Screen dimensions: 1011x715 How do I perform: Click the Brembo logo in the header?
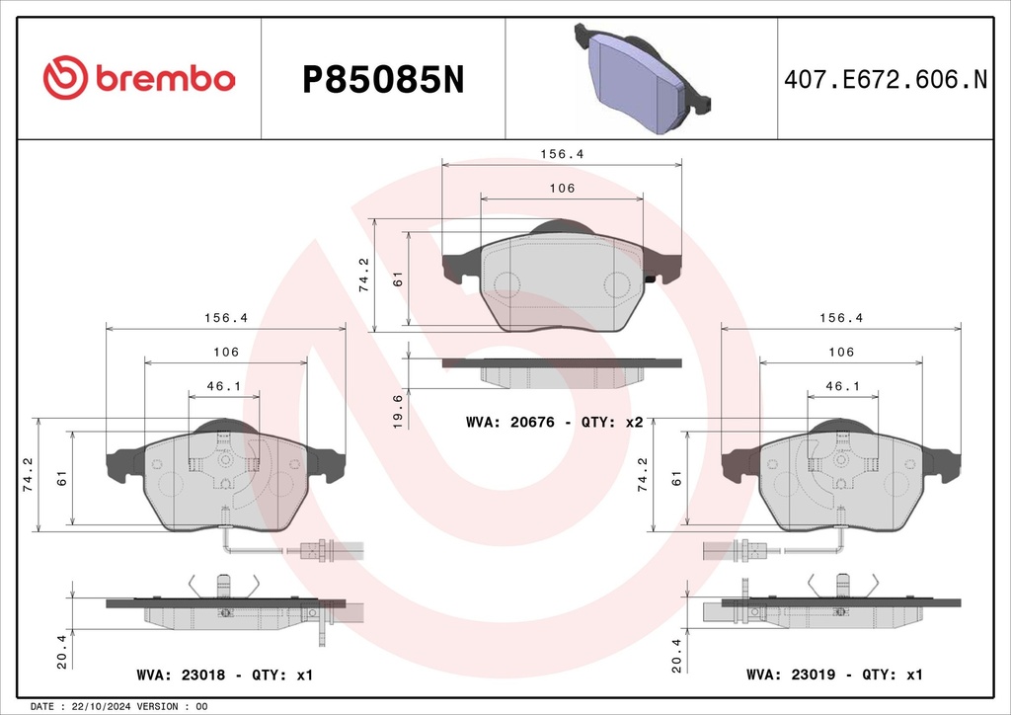(139, 78)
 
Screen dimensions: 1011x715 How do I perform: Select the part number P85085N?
(383, 81)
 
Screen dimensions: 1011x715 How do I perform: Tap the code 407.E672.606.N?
(886, 79)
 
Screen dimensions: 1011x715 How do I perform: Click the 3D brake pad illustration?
(642, 78)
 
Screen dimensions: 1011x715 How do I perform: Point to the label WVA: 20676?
(510, 423)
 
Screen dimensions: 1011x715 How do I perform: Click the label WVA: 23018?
(182, 675)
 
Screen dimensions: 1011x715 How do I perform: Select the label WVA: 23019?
(791, 675)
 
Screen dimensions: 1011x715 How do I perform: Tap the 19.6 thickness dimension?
(398, 412)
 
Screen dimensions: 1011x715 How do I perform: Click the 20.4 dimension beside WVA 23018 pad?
(62, 651)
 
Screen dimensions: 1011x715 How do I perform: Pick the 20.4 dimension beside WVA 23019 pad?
(676, 656)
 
